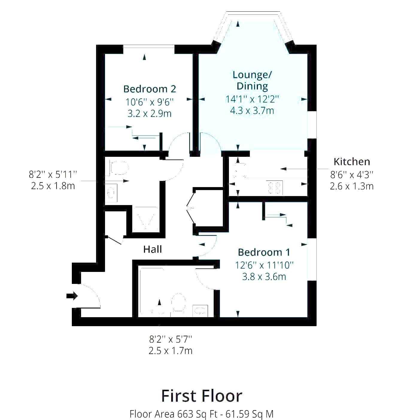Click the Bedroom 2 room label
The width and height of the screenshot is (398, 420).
click(x=150, y=89)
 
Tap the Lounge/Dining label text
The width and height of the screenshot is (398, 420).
click(x=252, y=80)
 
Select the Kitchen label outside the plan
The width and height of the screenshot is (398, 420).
click(x=352, y=162)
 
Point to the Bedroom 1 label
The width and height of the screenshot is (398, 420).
click(x=264, y=252)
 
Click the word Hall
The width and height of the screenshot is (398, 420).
click(x=153, y=249)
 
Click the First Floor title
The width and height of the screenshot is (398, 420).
click(x=202, y=396)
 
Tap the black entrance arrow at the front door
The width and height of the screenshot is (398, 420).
click(x=72, y=296)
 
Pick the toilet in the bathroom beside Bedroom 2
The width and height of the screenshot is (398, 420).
click(x=119, y=168)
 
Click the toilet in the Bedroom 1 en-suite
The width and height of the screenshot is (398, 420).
click(x=179, y=302)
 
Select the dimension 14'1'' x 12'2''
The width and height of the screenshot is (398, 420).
click(x=252, y=99)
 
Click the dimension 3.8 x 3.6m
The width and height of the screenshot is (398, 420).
click(x=264, y=277)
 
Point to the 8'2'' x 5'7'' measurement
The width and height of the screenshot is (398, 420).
click(x=170, y=339)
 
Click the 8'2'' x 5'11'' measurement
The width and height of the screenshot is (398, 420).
click(x=53, y=174)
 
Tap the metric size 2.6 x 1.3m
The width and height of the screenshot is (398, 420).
click(x=352, y=186)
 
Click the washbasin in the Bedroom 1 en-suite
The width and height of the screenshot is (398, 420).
click(x=200, y=311)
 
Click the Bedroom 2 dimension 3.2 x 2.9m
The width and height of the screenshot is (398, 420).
click(x=150, y=113)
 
